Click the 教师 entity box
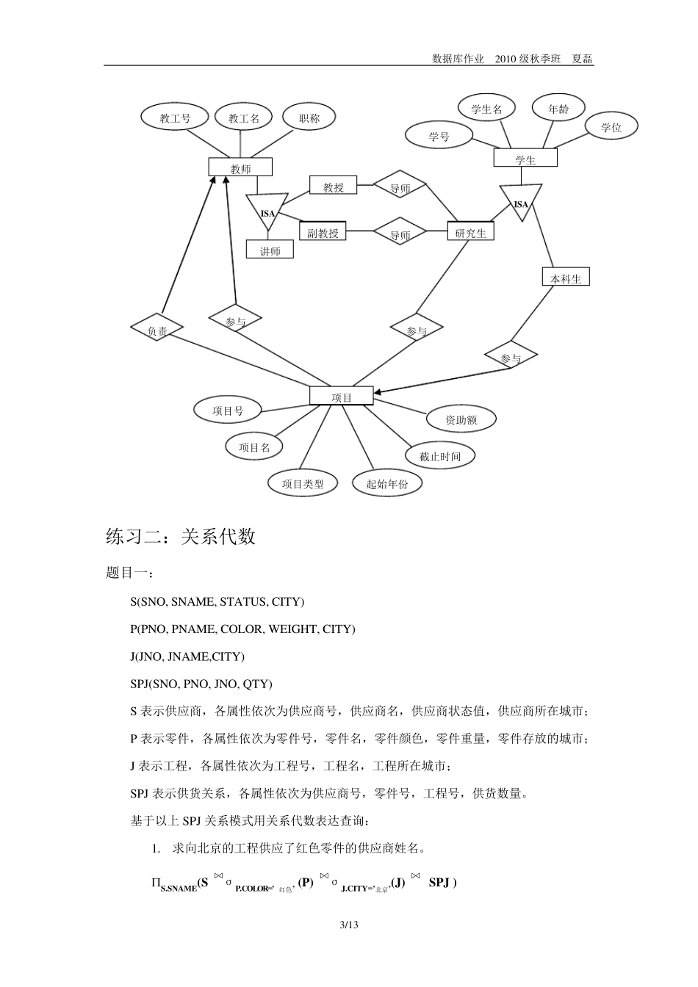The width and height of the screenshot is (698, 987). point(240,168)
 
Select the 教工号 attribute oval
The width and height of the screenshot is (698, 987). point(175,117)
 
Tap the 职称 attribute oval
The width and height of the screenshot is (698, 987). point(309,117)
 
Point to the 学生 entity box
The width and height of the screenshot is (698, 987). point(525,159)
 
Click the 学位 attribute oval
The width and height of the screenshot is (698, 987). point(611,127)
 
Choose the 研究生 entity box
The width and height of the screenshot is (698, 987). point(471,233)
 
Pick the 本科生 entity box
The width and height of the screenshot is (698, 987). point(566,278)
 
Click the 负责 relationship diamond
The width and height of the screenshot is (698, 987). point(157,330)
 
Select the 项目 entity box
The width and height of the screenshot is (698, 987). point(342,397)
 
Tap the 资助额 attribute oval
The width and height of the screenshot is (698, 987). point(461,419)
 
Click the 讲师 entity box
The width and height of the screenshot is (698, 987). point(270,250)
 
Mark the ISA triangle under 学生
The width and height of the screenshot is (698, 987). point(520,202)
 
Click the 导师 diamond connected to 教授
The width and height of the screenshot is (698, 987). point(400,188)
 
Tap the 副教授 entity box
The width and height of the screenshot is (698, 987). point(323,233)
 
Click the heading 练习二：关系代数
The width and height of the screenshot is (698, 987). point(181,537)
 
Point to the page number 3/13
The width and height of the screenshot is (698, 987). point(348,925)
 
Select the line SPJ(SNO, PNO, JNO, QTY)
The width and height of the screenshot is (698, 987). point(201,684)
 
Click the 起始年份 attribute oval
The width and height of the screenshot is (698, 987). point(386,483)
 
